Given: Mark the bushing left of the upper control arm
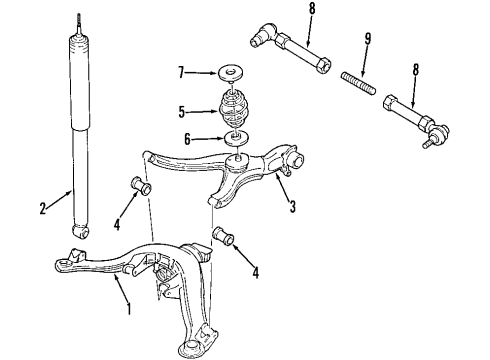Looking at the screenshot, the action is (x=141, y=186).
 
